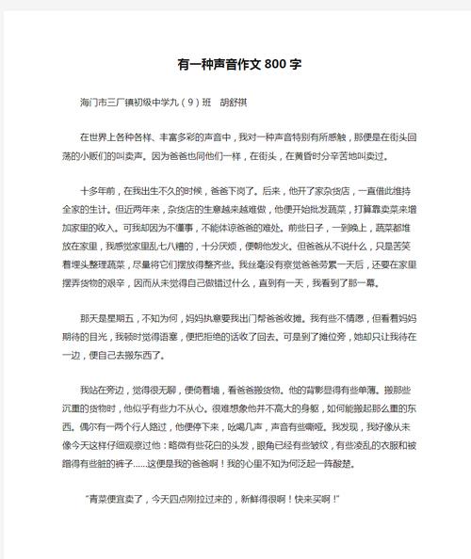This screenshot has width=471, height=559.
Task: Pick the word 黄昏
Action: [x=310, y=154]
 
